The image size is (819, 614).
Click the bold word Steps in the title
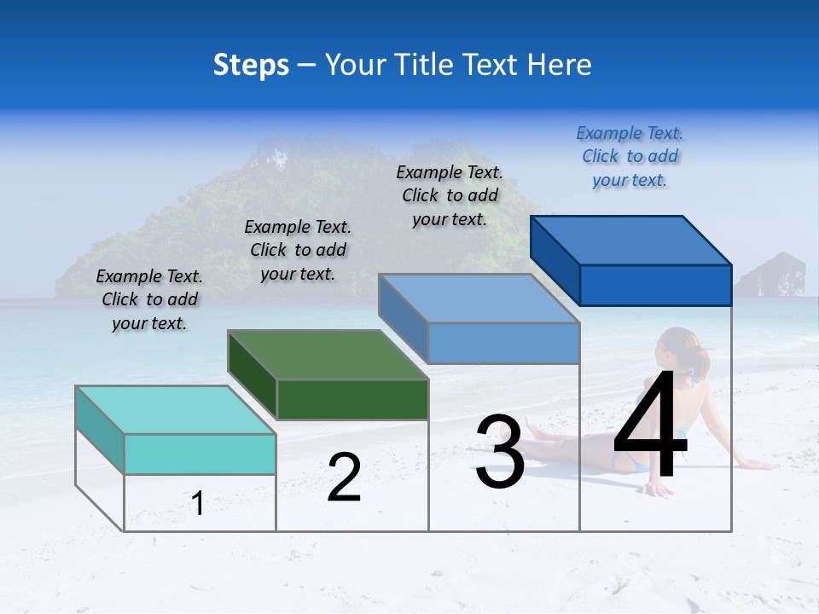251,65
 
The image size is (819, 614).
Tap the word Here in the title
560,65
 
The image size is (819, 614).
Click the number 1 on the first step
198,504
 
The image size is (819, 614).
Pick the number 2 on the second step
344,478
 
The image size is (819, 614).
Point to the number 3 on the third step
500,452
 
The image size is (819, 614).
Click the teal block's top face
176,409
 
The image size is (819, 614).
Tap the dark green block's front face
352,399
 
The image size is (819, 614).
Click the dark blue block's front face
655,285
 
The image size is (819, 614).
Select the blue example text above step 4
630,156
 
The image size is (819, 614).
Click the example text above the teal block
149,299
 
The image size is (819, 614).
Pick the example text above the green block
298,250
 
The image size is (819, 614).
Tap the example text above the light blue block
450,195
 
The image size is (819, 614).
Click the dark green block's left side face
253,374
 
